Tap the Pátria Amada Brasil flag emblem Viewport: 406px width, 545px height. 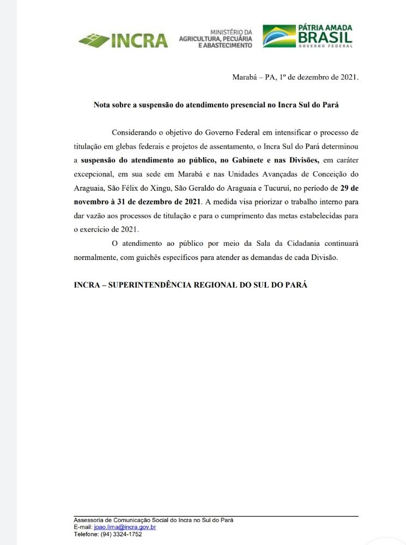click(x=278, y=37)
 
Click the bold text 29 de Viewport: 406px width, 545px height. click(x=346, y=188)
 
